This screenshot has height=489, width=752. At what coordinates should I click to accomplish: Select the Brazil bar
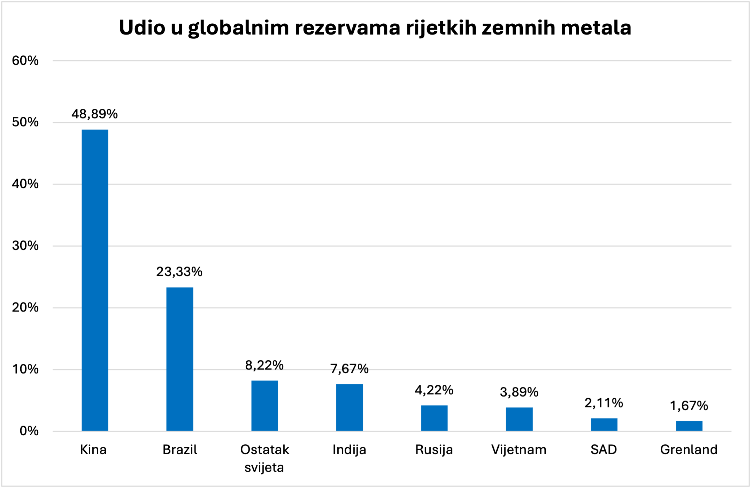(x=179, y=359)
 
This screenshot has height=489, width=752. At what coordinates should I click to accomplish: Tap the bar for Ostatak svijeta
(x=264, y=406)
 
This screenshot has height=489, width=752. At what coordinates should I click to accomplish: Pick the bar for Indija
(x=349, y=407)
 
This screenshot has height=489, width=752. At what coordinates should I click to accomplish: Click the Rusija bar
(x=434, y=418)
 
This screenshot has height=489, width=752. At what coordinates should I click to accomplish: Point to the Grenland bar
(x=689, y=426)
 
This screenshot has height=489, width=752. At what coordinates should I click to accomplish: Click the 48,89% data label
(x=95, y=114)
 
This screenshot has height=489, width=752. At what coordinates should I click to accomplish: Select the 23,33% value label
(x=179, y=272)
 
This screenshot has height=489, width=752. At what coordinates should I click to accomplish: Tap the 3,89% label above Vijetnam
(x=519, y=392)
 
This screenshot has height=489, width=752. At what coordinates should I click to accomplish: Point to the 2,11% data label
(x=604, y=403)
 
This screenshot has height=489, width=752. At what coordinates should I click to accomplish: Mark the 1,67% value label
(x=689, y=406)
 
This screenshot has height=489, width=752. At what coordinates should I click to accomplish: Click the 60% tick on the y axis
(x=25, y=61)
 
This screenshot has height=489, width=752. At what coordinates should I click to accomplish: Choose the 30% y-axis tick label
(x=25, y=246)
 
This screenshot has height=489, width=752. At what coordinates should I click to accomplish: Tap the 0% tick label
(x=29, y=431)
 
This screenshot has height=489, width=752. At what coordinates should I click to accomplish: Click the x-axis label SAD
(x=604, y=450)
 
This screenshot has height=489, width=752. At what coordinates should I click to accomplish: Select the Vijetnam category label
(x=519, y=450)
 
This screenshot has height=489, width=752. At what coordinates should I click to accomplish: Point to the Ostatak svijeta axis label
(x=264, y=458)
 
